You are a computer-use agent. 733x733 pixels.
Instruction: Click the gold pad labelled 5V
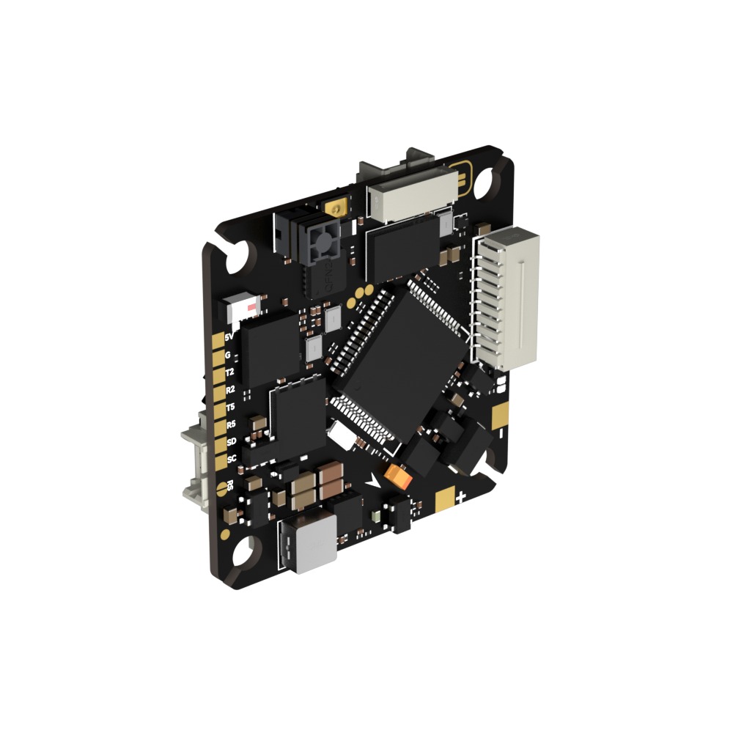(x=218, y=339)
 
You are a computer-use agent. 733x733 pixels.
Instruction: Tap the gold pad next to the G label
(x=218, y=357)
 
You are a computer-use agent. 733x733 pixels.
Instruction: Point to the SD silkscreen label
(x=232, y=441)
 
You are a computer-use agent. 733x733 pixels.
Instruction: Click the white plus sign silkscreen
(x=461, y=498)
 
